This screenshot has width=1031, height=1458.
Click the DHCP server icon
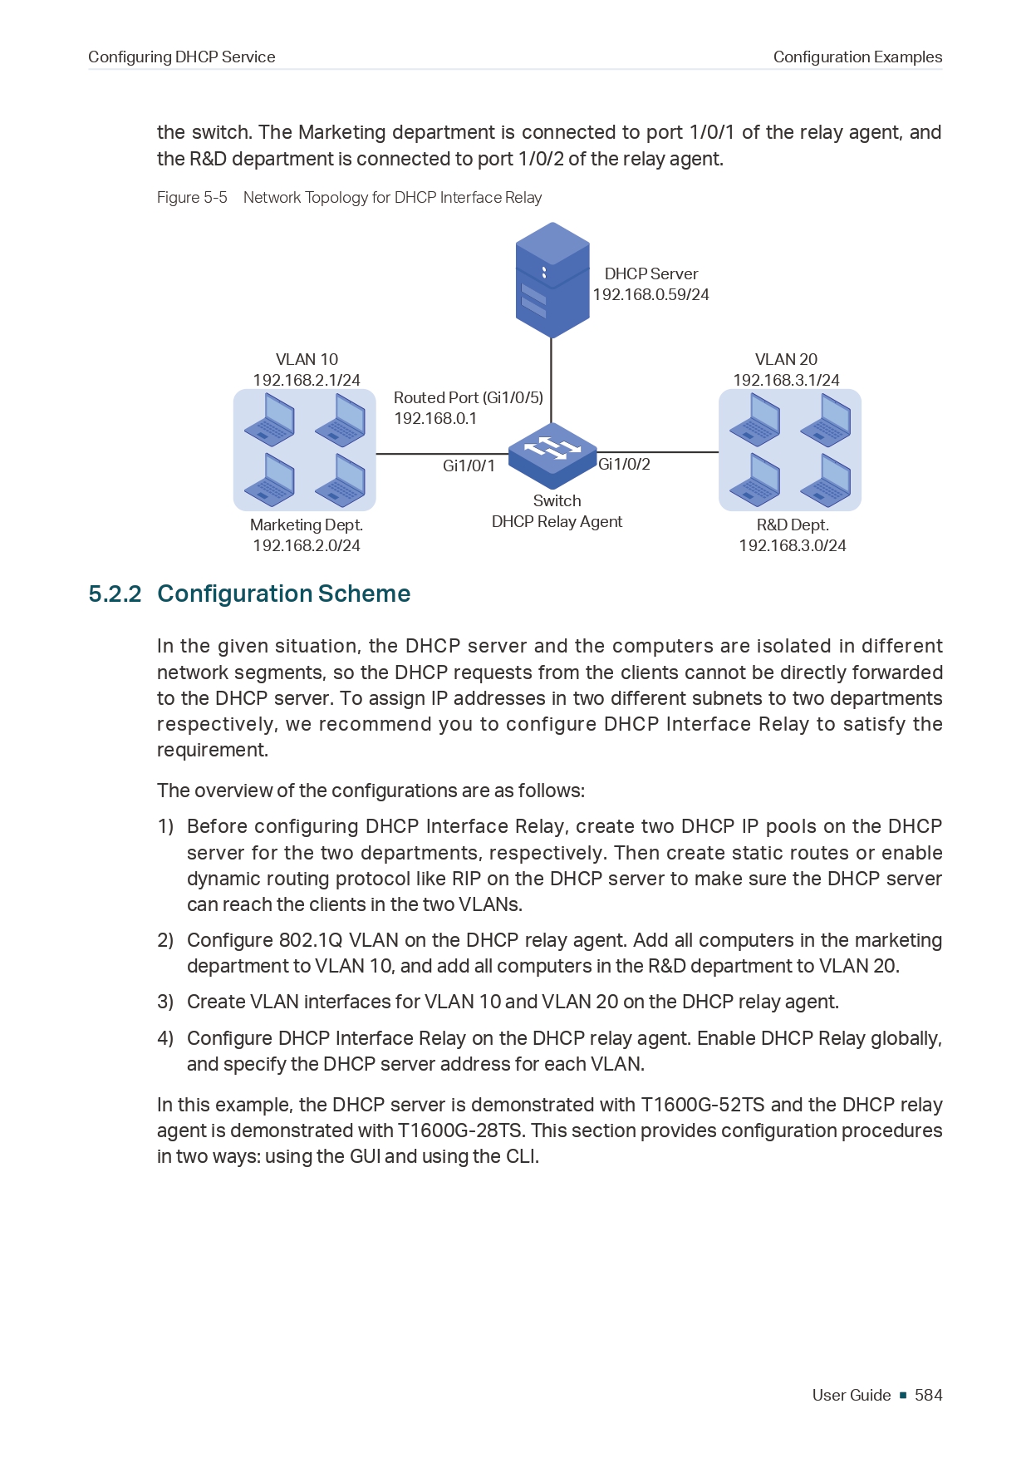coord(552,280)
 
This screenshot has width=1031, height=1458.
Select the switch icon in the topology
coord(552,454)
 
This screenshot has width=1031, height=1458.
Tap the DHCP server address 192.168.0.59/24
coord(651,295)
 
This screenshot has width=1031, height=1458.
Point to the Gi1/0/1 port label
coord(469,466)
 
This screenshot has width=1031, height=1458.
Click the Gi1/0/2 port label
coord(624,465)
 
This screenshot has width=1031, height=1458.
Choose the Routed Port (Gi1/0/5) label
coord(468,398)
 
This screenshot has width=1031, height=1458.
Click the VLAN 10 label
coord(307,360)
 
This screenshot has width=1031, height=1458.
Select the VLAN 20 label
coord(786,360)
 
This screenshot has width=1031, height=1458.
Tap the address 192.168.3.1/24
coord(786,381)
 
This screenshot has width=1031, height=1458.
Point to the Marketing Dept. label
coord(306,525)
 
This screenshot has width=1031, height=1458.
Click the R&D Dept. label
coord(792,525)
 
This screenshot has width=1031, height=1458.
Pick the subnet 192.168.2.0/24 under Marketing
coord(306,546)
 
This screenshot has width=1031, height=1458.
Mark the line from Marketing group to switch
coord(440,454)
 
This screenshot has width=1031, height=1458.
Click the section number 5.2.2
coord(115,594)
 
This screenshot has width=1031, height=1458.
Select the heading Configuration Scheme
coord(283,594)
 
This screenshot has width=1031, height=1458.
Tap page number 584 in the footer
coord(928,1396)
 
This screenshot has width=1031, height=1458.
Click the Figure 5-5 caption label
coord(192,198)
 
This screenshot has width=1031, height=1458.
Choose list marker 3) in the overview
coord(165,1002)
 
